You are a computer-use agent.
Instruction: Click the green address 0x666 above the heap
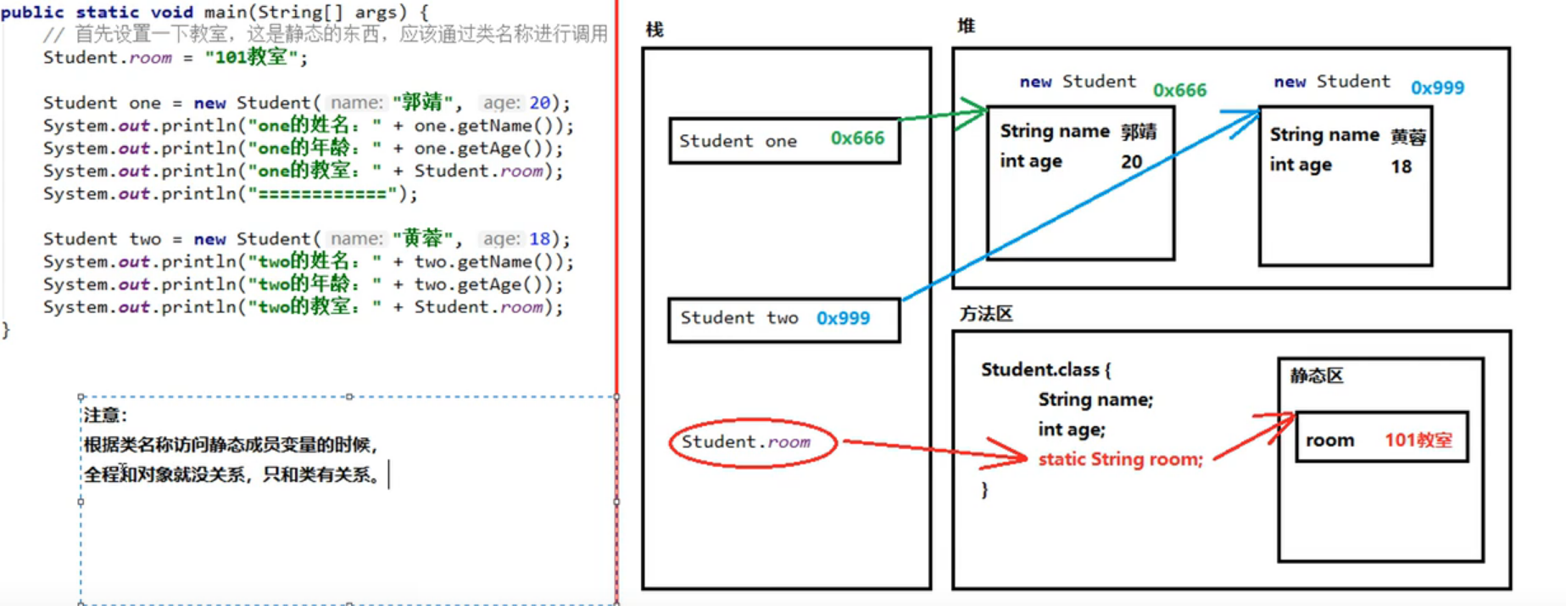1179,90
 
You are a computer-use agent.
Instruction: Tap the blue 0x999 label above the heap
1437,87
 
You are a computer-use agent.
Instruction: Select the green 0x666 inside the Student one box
857,137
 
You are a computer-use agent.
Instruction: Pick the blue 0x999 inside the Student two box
843,318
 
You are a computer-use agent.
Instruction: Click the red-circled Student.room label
746,442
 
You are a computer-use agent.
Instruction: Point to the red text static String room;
1120,459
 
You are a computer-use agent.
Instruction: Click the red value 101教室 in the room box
1418,440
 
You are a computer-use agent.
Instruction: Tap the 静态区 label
1316,376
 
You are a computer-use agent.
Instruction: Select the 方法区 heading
986,314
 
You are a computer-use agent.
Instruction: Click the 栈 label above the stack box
655,30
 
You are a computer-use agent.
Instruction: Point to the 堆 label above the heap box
966,25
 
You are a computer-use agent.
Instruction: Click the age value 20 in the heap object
1131,161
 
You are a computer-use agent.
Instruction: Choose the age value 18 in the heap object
1401,166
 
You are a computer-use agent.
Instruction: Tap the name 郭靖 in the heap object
1139,132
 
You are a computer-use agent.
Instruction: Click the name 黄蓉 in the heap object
1408,136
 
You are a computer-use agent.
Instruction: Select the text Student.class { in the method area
1045,370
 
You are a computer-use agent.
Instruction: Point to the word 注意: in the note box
104,415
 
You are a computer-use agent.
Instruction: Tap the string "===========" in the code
323,194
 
